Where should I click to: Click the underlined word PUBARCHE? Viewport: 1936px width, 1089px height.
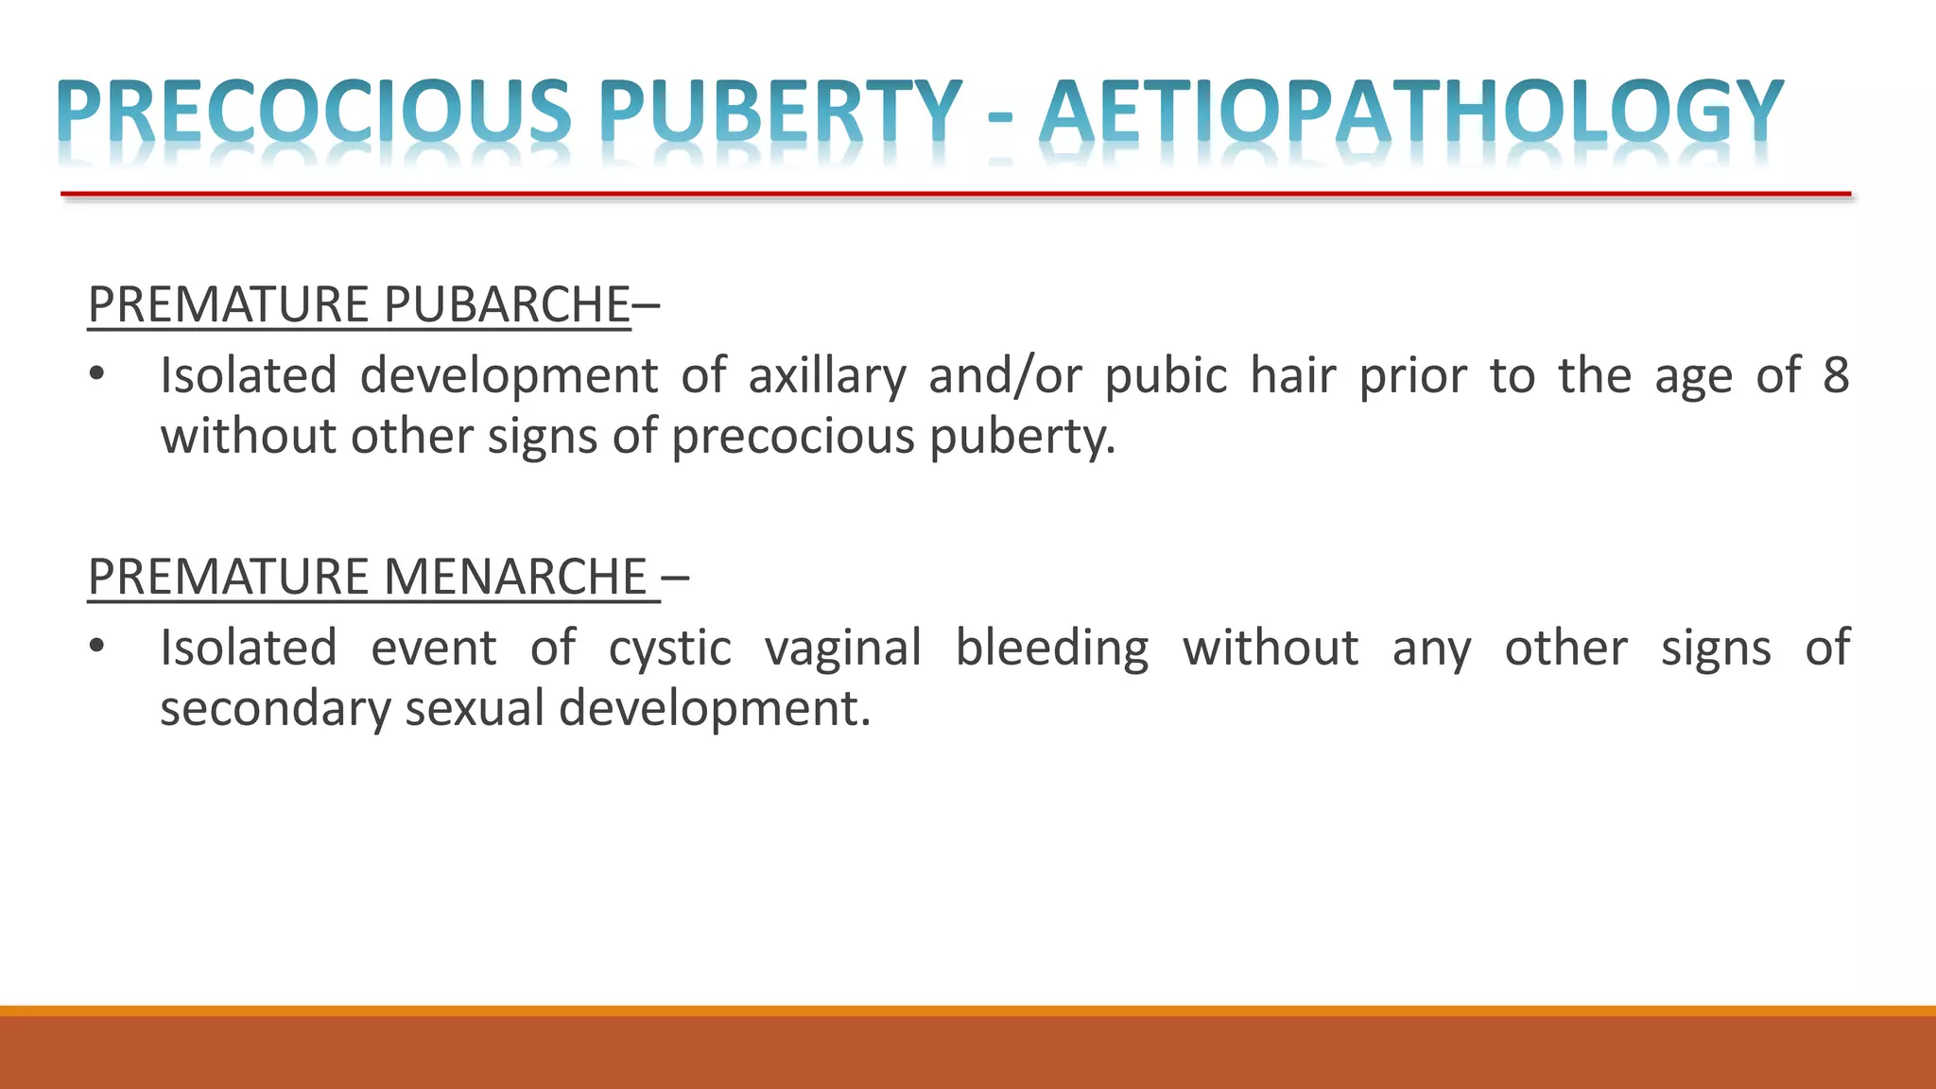[x=507, y=304]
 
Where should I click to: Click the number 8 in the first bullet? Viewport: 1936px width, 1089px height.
[x=1836, y=375]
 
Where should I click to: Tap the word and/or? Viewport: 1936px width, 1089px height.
[x=1005, y=375]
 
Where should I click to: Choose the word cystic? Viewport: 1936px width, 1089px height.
[x=669, y=649]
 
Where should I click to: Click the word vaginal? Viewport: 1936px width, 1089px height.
[x=842, y=649]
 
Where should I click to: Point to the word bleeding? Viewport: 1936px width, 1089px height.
[x=1051, y=649]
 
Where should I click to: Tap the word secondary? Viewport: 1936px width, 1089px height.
[x=274, y=709]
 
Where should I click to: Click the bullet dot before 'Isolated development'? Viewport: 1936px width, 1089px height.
[x=96, y=375]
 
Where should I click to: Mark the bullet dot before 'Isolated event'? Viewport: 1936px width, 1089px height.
[x=96, y=648]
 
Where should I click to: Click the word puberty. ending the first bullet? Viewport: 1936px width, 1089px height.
[x=1022, y=438]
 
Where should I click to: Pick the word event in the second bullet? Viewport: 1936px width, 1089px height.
[x=433, y=649]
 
